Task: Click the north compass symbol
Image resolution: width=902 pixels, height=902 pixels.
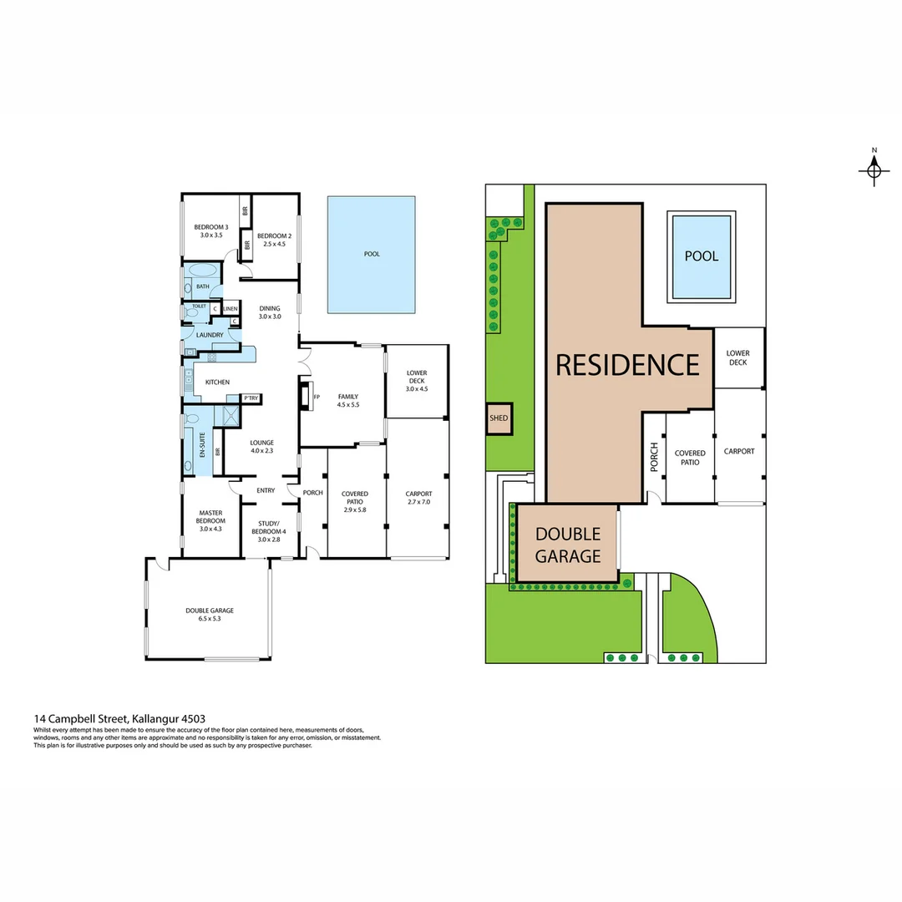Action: [x=874, y=170]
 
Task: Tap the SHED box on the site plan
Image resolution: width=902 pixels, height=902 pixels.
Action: [x=499, y=419]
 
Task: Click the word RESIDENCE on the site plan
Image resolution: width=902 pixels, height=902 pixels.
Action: [x=627, y=365]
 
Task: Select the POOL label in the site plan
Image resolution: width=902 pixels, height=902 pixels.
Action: [x=701, y=256]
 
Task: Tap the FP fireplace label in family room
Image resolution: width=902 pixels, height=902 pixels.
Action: [x=317, y=397]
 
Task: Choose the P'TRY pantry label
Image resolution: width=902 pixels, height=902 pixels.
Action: [x=250, y=398]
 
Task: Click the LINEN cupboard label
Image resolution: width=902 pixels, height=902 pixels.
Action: [x=230, y=309]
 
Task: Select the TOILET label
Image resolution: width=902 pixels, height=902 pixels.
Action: [x=199, y=307]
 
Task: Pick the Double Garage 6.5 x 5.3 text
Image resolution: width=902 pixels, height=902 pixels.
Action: [x=210, y=615]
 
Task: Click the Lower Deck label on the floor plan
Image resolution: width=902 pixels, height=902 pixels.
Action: [x=416, y=377]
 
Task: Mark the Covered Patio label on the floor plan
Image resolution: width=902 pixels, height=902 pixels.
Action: [x=355, y=499]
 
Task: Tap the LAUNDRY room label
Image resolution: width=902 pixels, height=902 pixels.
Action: [x=209, y=335]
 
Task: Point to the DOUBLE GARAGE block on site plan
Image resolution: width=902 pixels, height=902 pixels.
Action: [x=568, y=545]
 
